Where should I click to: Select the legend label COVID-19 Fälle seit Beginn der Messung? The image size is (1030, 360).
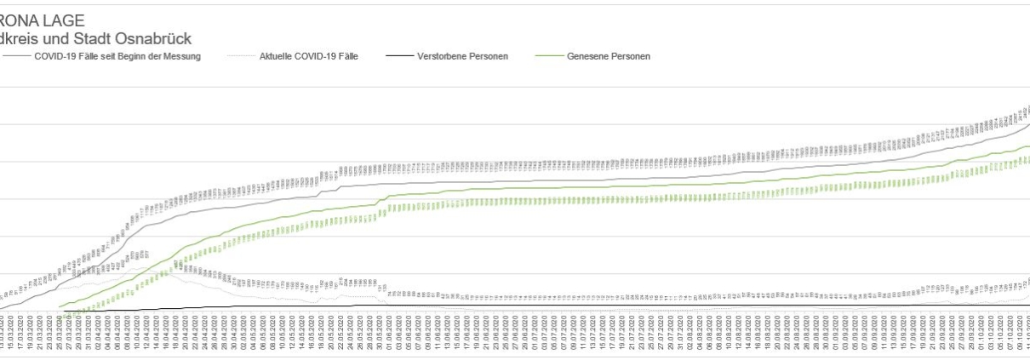pyautogui.click(x=118, y=56)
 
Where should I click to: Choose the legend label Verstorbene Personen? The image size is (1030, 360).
pyautogui.click(x=463, y=56)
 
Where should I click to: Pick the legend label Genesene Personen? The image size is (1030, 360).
pyautogui.click(x=609, y=56)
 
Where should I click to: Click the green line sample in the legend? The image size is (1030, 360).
pyautogui.click(x=548, y=56)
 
